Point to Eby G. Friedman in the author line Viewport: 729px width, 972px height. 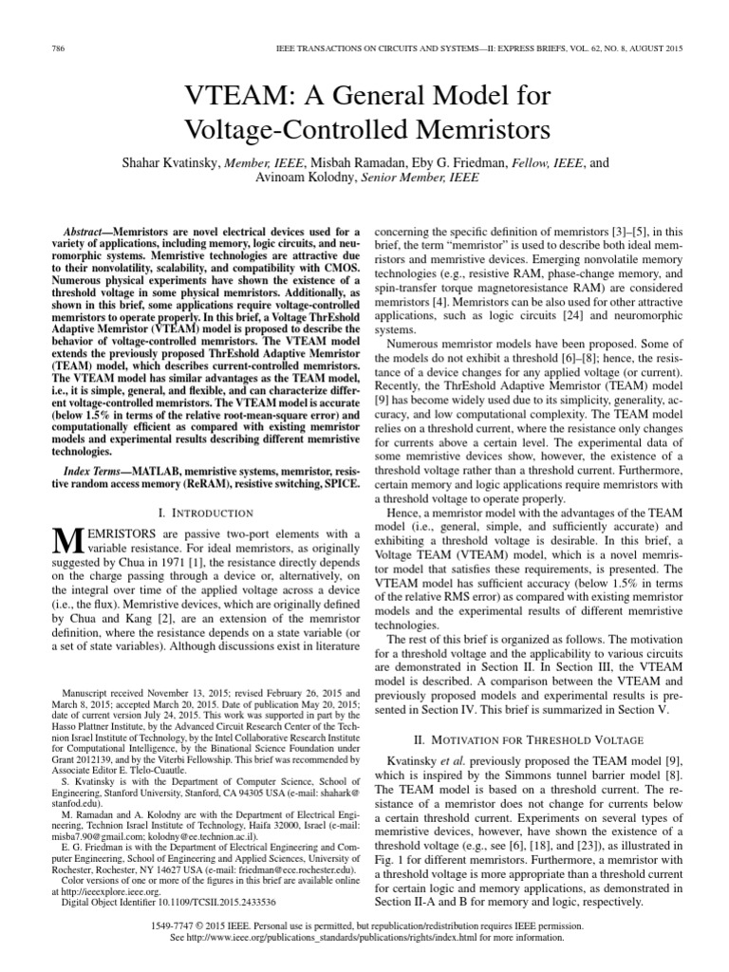525,163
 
